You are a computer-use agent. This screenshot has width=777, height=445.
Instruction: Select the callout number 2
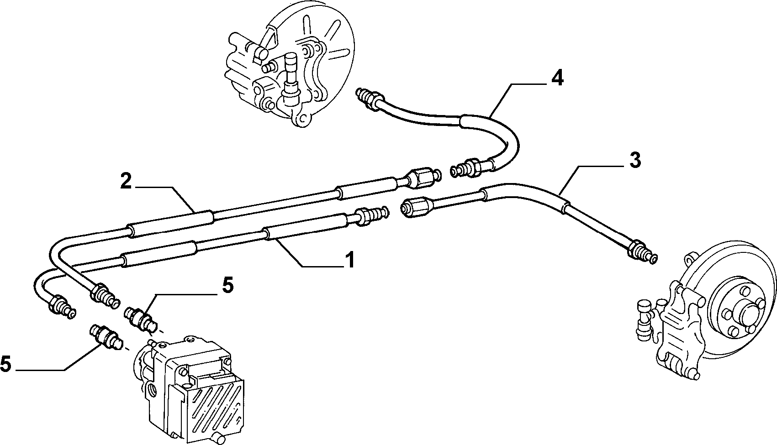(126, 181)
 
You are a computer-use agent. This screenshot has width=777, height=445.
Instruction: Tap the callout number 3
(635, 161)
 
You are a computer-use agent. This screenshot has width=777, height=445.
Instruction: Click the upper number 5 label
(227, 286)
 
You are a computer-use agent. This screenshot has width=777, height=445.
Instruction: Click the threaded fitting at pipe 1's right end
(372, 216)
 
